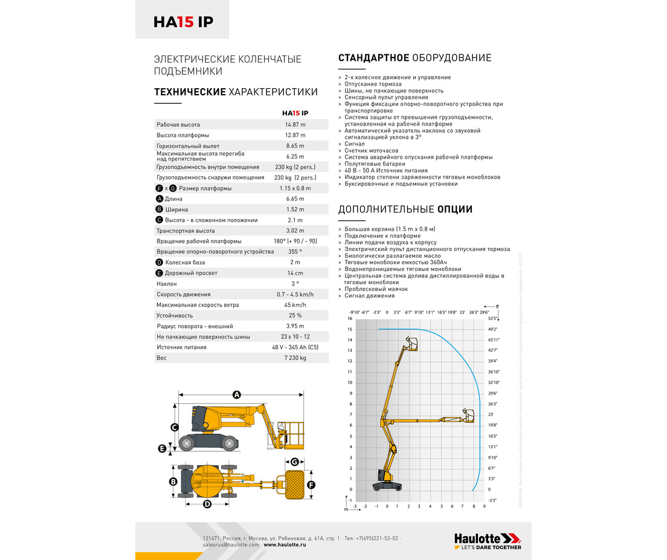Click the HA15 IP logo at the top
(x=182, y=22)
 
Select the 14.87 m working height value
(x=295, y=125)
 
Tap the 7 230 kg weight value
(x=295, y=358)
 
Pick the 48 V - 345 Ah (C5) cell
(x=295, y=347)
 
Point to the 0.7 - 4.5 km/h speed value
(x=295, y=294)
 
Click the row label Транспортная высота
(x=185, y=231)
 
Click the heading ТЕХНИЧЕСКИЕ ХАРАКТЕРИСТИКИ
(x=236, y=92)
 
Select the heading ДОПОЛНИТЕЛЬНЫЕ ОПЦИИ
(x=405, y=209)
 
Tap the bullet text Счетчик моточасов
(x=371, y=150)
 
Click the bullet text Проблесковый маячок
(x=376, y=289)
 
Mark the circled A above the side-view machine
(x=237, y=395)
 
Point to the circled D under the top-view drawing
(x=207, y=504)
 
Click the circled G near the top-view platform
(x=295, y=462)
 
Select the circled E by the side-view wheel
(x=162, y=448)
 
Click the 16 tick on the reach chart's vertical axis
(x=350, y=319)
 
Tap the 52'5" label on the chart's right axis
(x=492, y=319)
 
